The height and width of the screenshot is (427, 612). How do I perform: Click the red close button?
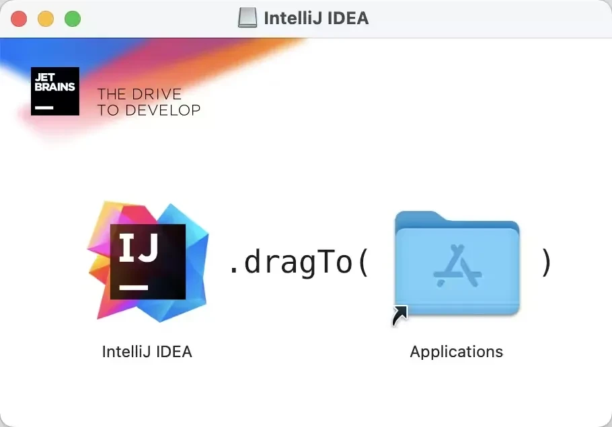19,19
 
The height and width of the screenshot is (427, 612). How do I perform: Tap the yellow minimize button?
46,19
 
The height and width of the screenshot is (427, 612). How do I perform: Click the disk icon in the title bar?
247,18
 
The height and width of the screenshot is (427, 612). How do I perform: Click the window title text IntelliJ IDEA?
316,18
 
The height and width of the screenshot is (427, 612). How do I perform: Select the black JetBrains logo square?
55,91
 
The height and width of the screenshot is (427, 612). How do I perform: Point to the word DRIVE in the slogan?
157,94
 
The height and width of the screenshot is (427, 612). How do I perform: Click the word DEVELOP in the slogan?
163,110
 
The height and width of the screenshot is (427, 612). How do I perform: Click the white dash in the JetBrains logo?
44,107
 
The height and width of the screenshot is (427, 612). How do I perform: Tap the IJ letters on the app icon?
139,247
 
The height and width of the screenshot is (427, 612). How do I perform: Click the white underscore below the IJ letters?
134,287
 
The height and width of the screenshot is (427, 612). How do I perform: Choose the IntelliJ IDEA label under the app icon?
147,352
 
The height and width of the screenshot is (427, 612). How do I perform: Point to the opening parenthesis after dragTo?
363,263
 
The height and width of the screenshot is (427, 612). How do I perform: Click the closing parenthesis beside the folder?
546,263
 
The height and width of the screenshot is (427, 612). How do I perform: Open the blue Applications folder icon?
457,263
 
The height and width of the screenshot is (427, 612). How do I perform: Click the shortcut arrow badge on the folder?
399,315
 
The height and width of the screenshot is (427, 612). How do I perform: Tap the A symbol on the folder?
457,266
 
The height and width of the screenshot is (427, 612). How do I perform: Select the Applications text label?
457,352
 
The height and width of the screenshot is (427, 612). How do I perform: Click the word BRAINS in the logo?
54,87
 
